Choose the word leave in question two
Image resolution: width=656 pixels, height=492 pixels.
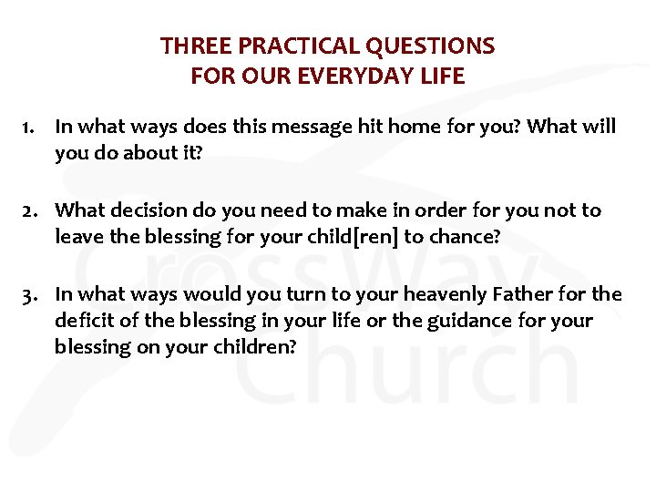click(77, 238)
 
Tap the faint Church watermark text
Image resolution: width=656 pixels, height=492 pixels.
click(410, 369)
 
